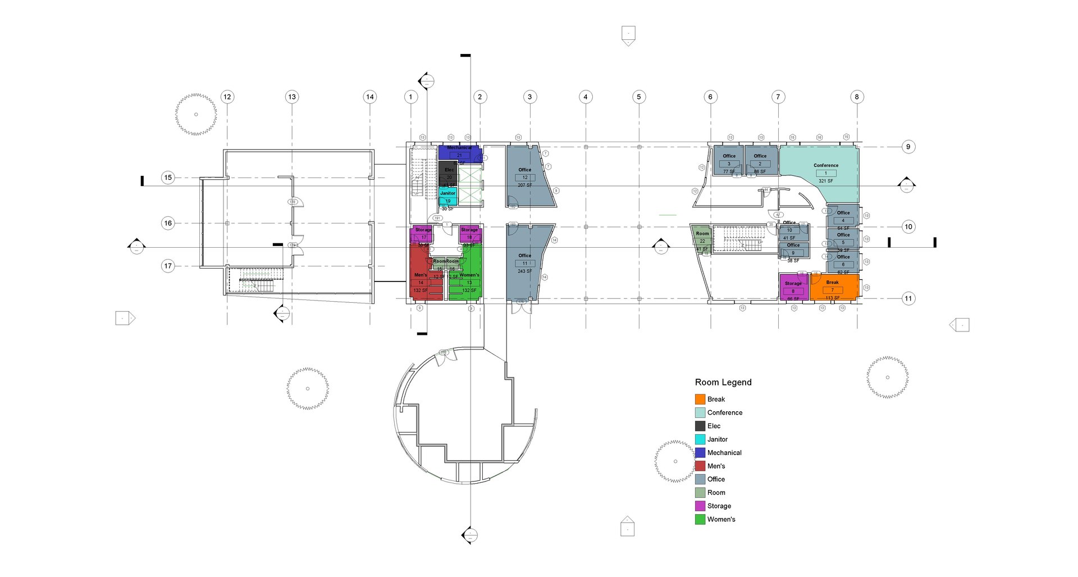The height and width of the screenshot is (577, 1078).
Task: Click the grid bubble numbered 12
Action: (x=227, y=97)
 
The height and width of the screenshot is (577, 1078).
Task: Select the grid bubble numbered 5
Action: (x=638, y=97)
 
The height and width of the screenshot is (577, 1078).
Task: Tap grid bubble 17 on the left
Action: (x=168, y=266)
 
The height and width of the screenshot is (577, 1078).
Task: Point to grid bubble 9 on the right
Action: (x=908, y=147)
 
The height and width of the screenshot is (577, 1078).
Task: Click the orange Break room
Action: (x=834, y=287)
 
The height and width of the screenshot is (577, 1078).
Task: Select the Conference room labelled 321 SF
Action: (x=823, y=169)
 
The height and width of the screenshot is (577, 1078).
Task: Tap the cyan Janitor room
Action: (x=447, y=196)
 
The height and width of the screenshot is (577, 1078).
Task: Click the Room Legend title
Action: (x=723, y=382)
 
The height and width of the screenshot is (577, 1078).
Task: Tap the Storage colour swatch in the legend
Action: (x=700, y=506)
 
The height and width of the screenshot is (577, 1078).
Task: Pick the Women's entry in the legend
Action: (x=721, y=519)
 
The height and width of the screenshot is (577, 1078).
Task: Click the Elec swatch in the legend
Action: (x=700, y=426)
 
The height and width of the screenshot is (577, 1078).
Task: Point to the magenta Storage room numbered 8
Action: (x=793, y=288)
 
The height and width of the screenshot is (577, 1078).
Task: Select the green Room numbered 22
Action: (x=702, y=238)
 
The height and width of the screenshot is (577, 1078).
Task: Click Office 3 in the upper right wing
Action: (x=729, y=161)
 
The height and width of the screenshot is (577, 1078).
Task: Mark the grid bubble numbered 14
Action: (x=369, y=97)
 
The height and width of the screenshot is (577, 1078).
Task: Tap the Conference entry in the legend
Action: (x=724, y=412)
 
